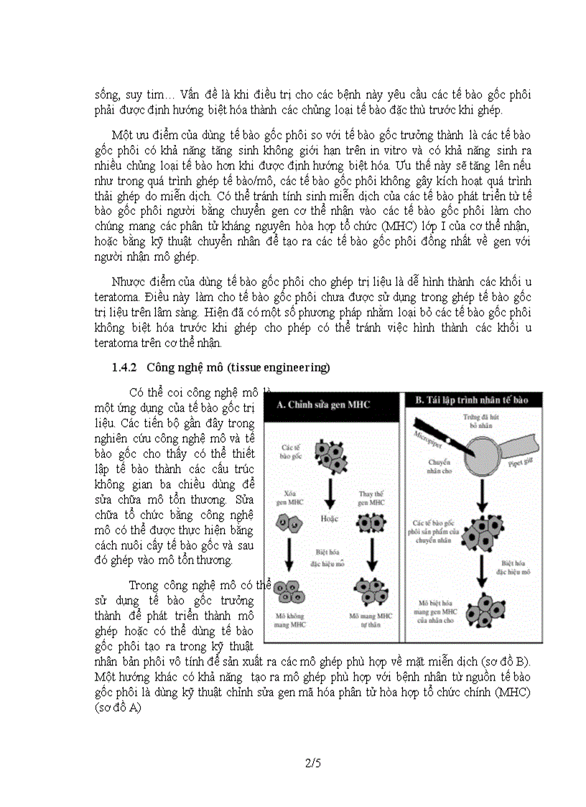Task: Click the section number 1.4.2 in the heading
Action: pos(126,368)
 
